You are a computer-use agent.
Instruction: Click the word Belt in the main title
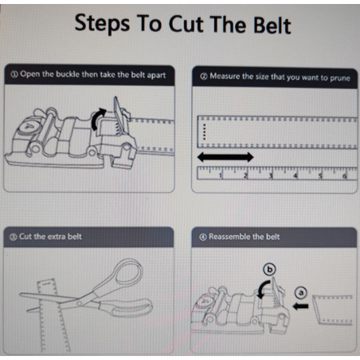click(272, 25)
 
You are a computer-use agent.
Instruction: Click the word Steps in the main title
click(102, 24)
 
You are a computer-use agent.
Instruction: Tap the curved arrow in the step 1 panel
click(98, 119)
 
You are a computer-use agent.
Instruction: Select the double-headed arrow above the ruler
click(225, 157)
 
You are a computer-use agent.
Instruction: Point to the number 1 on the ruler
click(221, 175)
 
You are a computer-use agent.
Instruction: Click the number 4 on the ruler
click(295, 175)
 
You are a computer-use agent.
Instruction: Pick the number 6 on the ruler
click(345, 176)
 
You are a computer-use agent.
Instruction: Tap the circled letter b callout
click(269, 269)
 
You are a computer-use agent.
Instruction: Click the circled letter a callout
click(300, 293)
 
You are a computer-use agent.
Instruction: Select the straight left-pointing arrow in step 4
click(300, 307)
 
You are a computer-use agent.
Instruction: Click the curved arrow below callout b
click(263, 289)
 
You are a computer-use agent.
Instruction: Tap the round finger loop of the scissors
click(129, 273)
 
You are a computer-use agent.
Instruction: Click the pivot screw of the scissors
click(79, 303)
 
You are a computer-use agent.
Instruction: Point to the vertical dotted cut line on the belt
click(204, 131)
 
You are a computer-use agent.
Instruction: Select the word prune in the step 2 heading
click(340, 78)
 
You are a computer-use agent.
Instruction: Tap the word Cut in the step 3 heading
click(25, 237)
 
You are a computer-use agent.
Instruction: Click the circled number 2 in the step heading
click(204, 76)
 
